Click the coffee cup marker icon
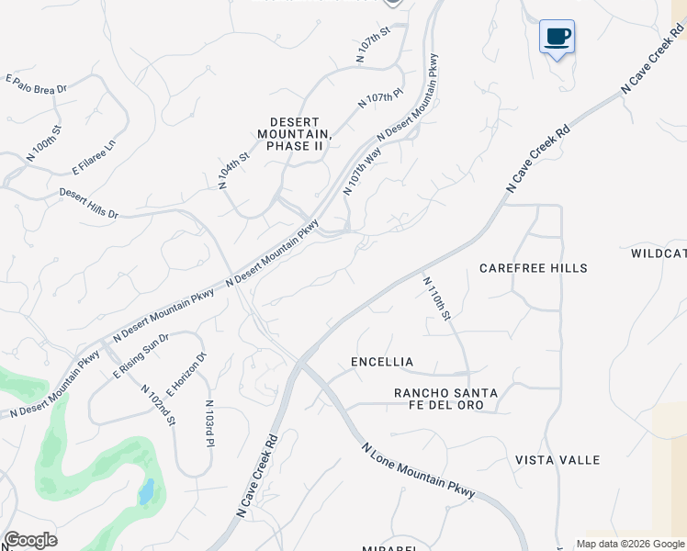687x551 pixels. (x=557, y=38)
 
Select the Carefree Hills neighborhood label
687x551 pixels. (x=534, y=268)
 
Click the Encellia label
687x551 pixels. (x=382, y=362)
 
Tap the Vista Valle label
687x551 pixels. (x=557, y=460)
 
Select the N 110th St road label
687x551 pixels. (x=438, y=298)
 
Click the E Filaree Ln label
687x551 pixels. (x=96, y=157)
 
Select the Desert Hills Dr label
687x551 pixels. (x=89, y=204)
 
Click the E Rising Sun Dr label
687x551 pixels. (x=141, y=356)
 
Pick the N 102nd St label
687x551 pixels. (x=158, y=403)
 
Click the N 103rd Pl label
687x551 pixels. (x=209, y=423)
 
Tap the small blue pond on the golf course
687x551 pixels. (x=146, y=493)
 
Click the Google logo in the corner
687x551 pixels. (x=30, y=540)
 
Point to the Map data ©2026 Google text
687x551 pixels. (x=630, y=544)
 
